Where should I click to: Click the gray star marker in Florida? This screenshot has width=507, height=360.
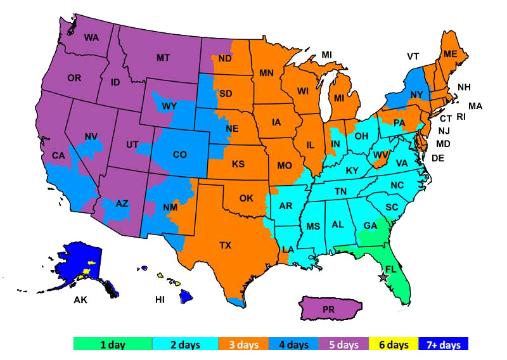tap(383, 277)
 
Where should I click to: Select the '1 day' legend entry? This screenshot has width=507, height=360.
tap(113, 345)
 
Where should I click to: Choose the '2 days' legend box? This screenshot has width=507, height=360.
tap(184, 345)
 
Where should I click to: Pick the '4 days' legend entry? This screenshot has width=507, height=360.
tap(295, 345)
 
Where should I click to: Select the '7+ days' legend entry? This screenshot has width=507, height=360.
tap(447, 345)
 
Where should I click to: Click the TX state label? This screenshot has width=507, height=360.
tap(225, 245)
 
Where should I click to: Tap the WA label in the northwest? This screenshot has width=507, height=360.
tap(91, 37)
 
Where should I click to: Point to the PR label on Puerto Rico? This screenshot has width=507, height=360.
tap(328, 310)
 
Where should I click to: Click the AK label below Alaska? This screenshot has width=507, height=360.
tap(80, 299)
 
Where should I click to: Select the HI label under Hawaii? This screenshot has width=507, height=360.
tap(161, 299)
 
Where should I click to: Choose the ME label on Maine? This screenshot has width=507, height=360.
tap(450, 55)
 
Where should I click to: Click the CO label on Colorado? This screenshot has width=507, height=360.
tap(180, 154)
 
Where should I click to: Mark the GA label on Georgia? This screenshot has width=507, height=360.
tap(371, 226)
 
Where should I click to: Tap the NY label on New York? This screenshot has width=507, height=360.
tap(416, 95)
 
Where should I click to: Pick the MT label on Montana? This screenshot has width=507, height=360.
tap(163, 58)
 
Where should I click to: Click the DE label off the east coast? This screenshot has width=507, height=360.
tap(437, 158)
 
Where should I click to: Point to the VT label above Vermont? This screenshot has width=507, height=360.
tap(413, 56)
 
